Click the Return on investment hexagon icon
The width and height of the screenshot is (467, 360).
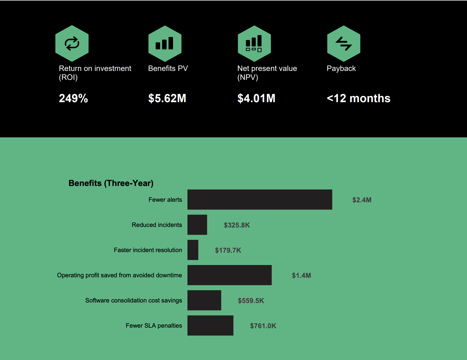click(x=72, y=43)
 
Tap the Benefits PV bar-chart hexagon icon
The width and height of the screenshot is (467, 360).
click(x=165, y=43)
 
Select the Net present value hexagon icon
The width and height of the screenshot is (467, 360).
click(x=254, y=43)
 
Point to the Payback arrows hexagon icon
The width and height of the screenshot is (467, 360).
click(x=344, y=43)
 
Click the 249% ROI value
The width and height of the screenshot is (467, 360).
click(x=73, y=98)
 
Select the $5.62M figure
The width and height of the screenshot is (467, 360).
click(x=167, y=98)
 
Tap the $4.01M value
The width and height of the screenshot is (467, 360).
click(x=256, y=98)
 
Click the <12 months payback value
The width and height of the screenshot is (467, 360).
click(x=358, y=98)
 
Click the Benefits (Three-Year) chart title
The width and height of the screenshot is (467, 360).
click(x=111, y=183)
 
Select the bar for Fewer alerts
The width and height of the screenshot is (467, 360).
click(x=260, y=199)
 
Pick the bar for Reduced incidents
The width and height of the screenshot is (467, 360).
click(x=197, y=225)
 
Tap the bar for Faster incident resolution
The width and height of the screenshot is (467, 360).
click(x=193, y=250)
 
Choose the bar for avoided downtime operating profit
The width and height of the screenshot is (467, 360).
click(x=229, y=275)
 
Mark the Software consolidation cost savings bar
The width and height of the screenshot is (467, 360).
click(x=204, y=300)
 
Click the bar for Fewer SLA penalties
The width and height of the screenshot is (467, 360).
click(x=210, y=325)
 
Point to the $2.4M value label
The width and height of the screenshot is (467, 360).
click(x=362, y=200)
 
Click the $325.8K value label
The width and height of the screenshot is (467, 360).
click(x=237, y=225)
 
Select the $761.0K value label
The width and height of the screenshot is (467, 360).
click(x=263, y=326)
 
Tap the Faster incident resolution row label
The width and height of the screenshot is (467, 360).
click(x=148, y=250)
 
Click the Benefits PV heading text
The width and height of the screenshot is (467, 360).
click(x=168, y=68)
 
